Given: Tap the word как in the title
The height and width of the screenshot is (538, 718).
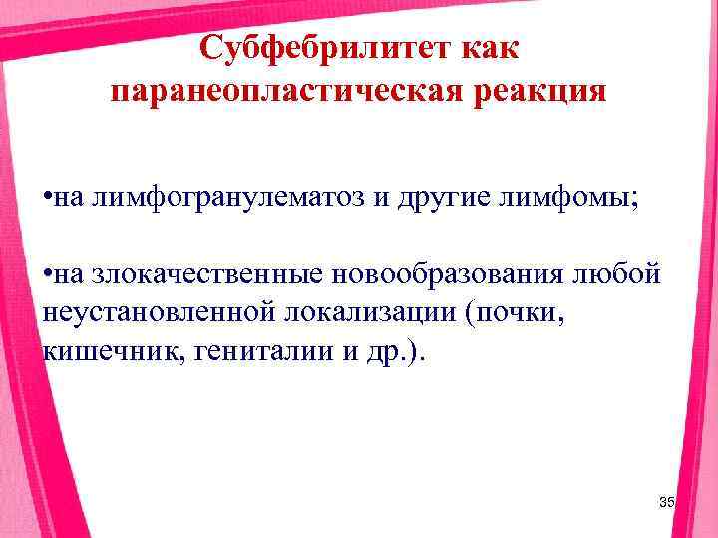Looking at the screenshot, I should pyautogui.click(x=489, y=47).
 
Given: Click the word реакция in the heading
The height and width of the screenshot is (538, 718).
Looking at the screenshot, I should pyautogui.click(x=532, y=92).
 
